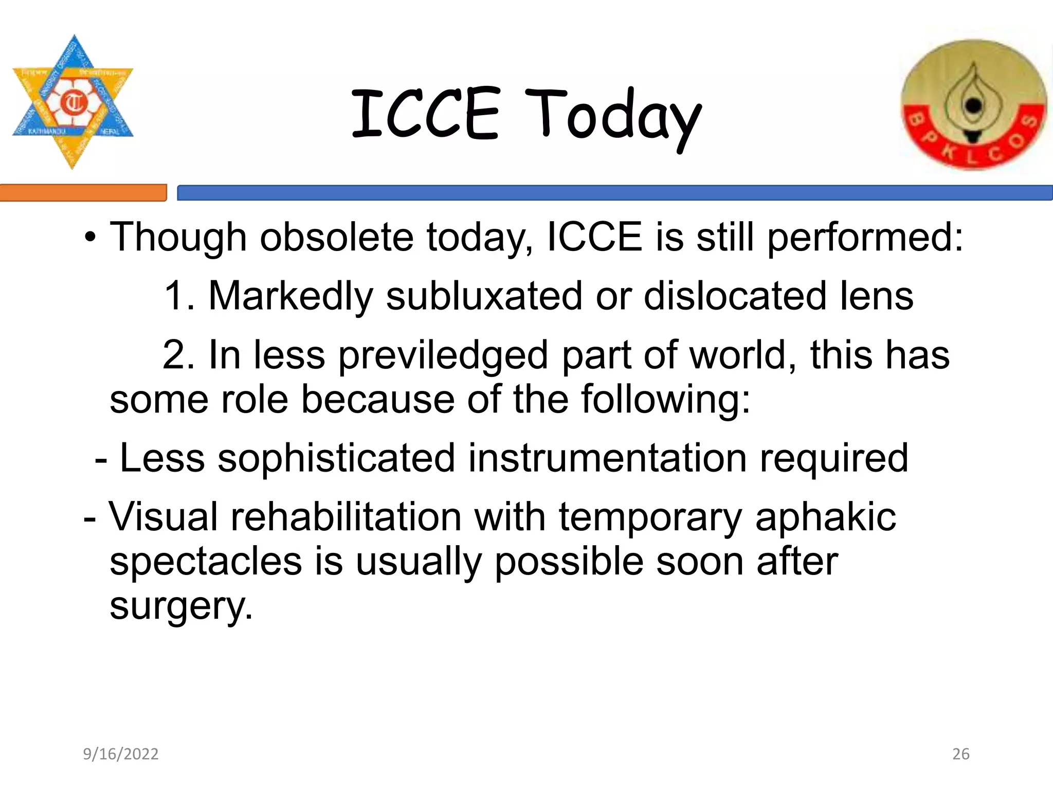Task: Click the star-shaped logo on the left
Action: click(x=73, y=102)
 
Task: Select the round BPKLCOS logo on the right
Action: click(x=973, y=105)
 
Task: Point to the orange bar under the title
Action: click(x=83, y=193)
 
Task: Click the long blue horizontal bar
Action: click(x=614, y=193)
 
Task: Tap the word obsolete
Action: click(x=336, y=237)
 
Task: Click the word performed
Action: click(x=865, y=238)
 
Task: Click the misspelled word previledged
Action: click(x=443, y=356)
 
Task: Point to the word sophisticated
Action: click(x=336, y=458)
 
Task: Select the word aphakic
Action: click(x=825, y=518)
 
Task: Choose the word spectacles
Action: click(x=206, y=562)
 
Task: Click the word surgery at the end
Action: click(x=181, y=607)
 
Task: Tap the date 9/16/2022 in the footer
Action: click(x=121, y=754)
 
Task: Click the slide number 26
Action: click(x=961, y=754)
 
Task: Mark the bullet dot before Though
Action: click(x=90, y=238)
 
